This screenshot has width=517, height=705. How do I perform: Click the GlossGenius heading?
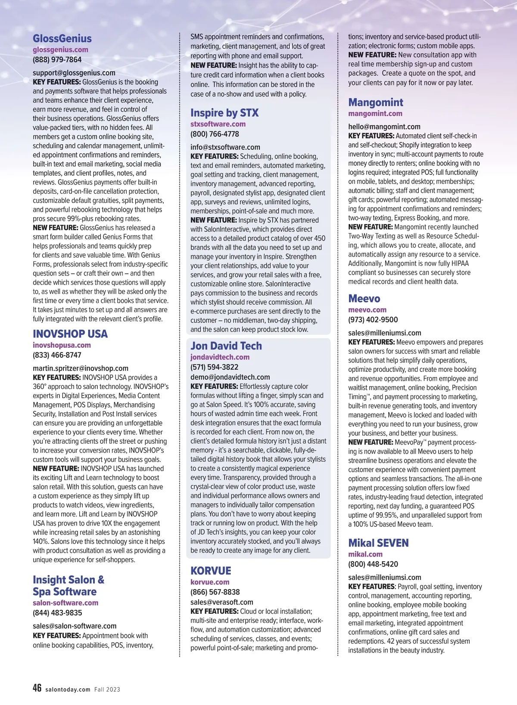click(x=62, y=38)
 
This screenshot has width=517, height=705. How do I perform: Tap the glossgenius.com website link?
click(x=60, y=49)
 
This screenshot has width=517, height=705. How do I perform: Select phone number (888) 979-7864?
click(x=57, y=59)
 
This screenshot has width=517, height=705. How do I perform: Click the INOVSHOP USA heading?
click(x=70, y=334)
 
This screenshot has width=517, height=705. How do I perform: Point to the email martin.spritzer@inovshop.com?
click(x=81, y=368)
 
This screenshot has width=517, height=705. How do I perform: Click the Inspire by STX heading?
click(x=224, y=113)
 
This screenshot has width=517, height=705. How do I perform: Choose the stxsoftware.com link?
click(x=218, y=124)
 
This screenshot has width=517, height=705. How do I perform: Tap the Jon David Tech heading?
click(x=226, y=346)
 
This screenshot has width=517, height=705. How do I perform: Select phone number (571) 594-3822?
click(x=214, y=367)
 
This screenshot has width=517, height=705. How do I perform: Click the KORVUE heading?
click(x=211, y=571)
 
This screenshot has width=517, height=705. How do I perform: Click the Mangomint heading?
click(x=376, y=102)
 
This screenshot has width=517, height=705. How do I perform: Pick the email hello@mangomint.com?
click(x=384, y=127)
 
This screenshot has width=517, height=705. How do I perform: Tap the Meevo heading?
click(x=364, y=298)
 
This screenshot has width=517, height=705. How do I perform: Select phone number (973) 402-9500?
click(x=373, y=319)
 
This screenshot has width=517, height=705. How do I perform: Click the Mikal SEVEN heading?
click(x=378, y=543)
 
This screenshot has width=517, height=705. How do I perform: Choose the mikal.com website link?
click(x=365, y=554)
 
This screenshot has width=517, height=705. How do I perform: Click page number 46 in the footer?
click(x=37, y=688)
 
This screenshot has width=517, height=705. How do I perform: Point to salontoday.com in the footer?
click(x=68, y=689)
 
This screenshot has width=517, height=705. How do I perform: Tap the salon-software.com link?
click(x=65, y=603)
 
